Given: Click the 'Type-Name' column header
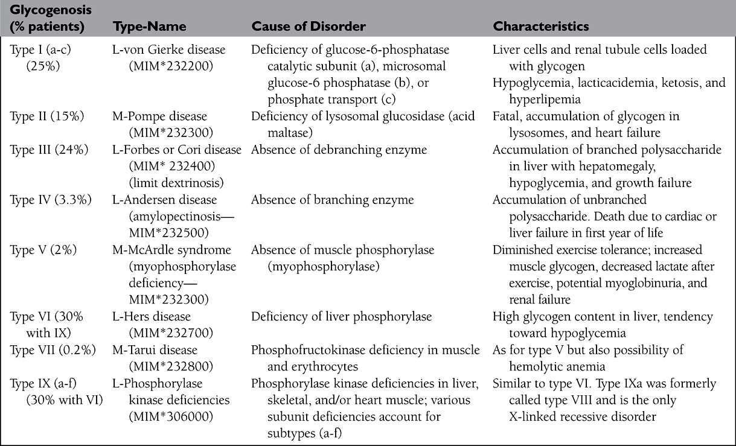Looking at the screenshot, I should pos(149,27).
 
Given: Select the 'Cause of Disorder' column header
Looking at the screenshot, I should pos(309,27).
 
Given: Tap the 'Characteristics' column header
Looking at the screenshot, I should pos(541,27).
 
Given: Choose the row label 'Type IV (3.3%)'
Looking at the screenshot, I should pos(51,199).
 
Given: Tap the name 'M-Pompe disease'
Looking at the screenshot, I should pos(160,116).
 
